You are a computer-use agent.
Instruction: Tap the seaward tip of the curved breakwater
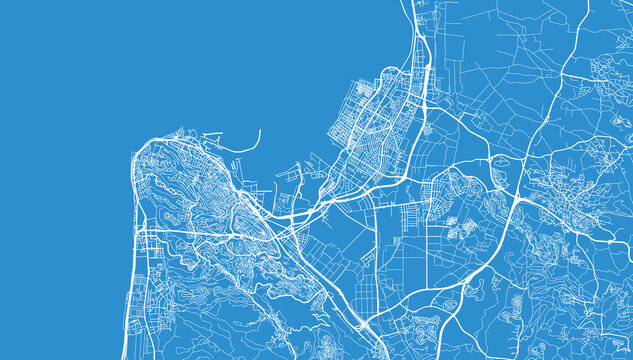(259, 130)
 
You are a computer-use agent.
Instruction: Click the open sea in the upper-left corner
(60, 50)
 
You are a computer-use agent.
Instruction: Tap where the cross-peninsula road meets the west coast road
(138, 231)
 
